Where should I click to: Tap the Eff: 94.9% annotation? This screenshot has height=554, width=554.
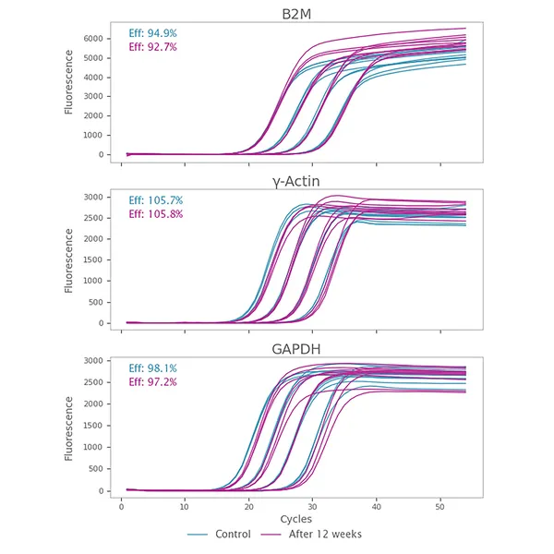tap(153, 34)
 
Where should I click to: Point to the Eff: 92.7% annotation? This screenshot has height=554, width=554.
tap(153, 47)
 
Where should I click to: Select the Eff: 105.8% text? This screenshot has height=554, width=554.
tap(156, 214)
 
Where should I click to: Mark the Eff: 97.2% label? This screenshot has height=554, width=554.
tap(153, 382)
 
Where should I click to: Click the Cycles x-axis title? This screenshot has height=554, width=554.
tap(295, 520)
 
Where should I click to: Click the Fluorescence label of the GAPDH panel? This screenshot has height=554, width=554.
tap(69, 427)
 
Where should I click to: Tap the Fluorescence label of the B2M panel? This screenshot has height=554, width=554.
tap(69, 92)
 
